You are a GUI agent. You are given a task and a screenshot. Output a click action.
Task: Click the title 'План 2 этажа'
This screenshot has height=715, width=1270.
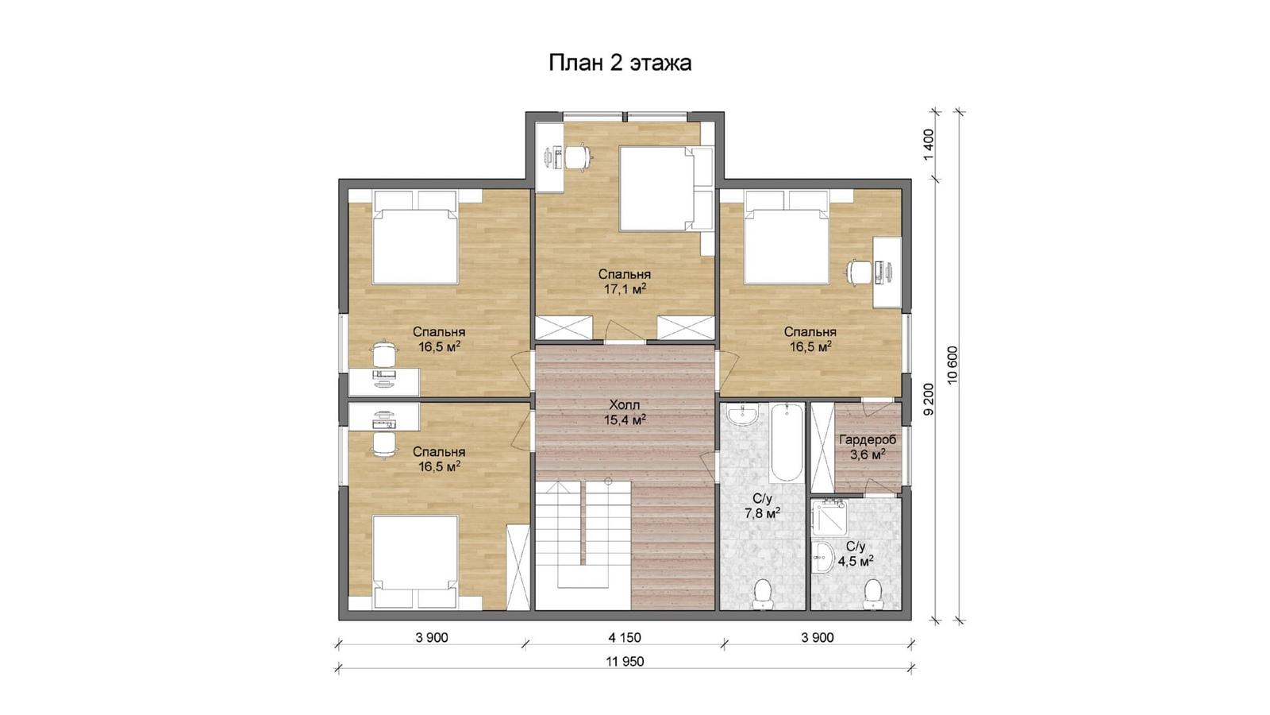tap(620, 63)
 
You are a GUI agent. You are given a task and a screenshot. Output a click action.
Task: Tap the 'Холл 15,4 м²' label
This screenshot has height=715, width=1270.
tap(625, 412)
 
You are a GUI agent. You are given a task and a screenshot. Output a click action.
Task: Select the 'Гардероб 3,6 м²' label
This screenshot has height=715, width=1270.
tap(868, 447)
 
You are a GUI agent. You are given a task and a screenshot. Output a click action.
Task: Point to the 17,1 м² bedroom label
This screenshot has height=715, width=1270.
tap(625, 282)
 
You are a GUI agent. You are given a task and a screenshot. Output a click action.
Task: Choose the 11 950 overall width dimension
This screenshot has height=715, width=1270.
tap(625, 661)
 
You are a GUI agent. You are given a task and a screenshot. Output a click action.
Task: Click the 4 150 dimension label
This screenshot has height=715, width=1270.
tap(625, 637)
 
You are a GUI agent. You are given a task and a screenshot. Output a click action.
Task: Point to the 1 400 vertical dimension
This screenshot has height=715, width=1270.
tap(928, 145)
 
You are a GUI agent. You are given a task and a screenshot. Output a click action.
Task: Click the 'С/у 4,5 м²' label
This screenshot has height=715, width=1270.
tap(856, 553)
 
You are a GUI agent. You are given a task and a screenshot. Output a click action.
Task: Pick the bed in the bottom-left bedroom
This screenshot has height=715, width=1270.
tap(416, 562)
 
